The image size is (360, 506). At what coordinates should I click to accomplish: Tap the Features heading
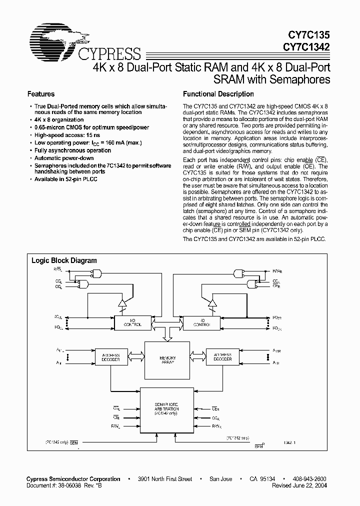(x=41, y=94)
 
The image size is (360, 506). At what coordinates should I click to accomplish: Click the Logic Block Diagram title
(x=64, y=260)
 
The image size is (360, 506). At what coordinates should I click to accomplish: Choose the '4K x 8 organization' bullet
(x=58, y=120)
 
